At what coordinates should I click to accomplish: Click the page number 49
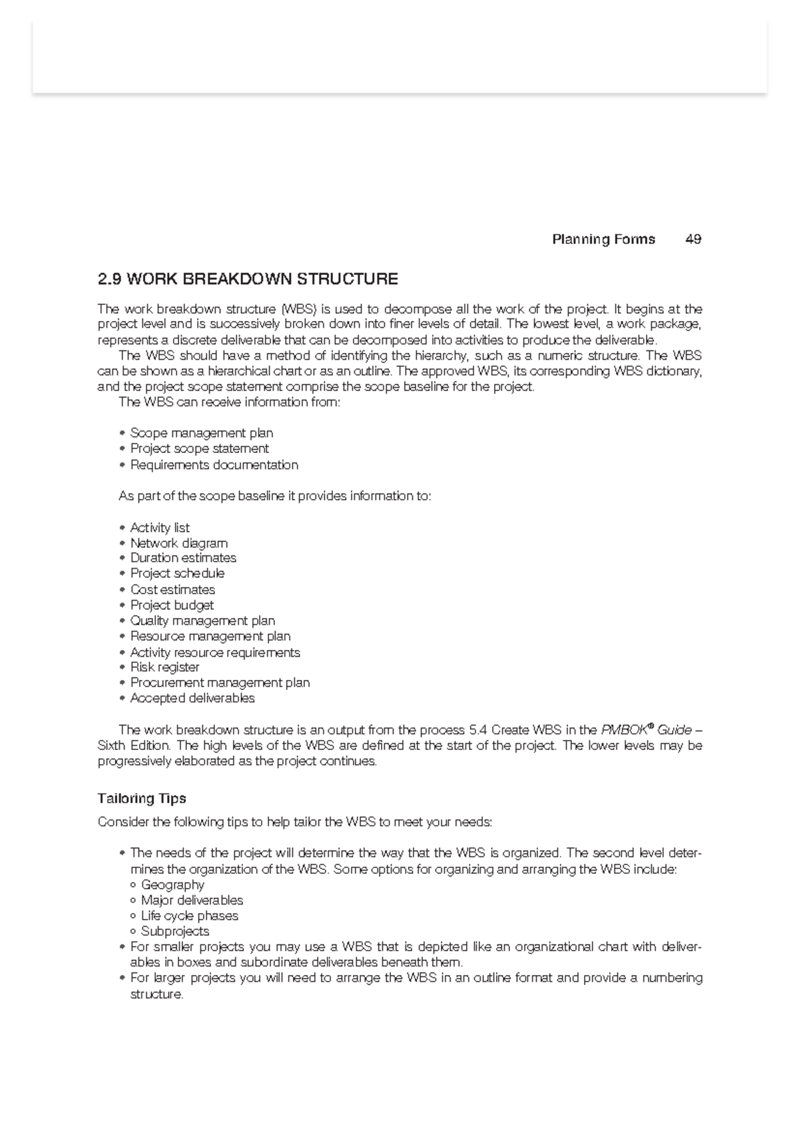coord(692,239)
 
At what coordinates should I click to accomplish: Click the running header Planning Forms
coord(603,239)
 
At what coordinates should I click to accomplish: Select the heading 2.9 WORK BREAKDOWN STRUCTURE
coord(248,278)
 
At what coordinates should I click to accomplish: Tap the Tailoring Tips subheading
coord(142,798)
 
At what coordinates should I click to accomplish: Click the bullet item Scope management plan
coord(201,433)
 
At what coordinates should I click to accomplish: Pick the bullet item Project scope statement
coord(199,448)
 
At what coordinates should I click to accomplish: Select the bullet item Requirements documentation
coord(214,464)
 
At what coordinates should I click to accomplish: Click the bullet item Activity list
coord(160,528)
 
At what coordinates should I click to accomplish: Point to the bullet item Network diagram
coord(178,543)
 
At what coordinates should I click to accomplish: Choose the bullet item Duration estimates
coord(183,558)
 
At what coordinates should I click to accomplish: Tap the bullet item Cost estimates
coord(172,589)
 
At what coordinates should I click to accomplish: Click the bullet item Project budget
coord(172,605)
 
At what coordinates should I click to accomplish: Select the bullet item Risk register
coord(164,667)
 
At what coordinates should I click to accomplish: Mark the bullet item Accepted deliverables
coord(192,698)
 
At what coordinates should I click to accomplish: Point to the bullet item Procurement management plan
coord(220,683)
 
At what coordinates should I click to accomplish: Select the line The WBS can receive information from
coord(229,402)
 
